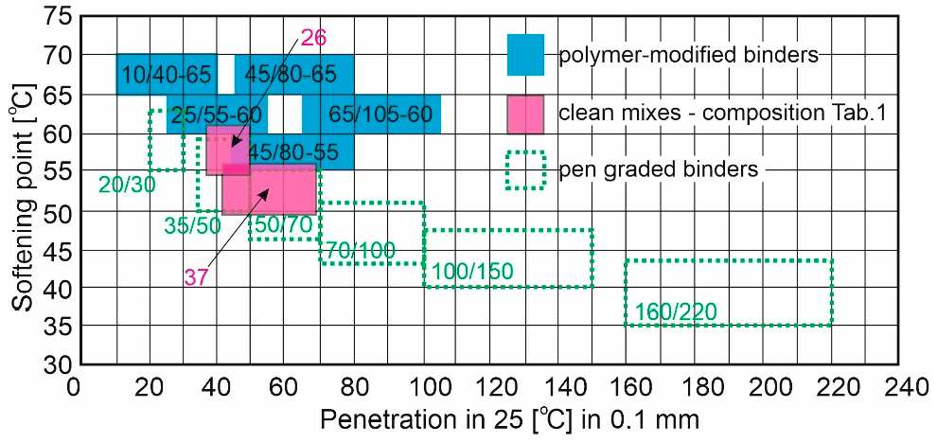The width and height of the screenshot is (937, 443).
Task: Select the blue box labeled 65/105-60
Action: pyautogui.click(x=380, y=115)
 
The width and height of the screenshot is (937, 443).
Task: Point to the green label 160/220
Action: pyautogui.click(x=676, y=311)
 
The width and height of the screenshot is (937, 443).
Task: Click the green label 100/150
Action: pyautogui.click(x=472, y=273)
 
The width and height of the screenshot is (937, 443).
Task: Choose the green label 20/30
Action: pyautogui.click(x=127, y=185)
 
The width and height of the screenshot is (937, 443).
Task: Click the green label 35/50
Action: pyautogui.click(x=192, y=226)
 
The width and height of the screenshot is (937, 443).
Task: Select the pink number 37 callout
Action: pyautogui.click(x=196, y=276)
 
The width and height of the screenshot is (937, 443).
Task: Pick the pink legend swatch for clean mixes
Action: pyautogui.click(x=525, y=114)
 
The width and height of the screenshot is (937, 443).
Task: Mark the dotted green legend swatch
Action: pyautogui.click(x=525, y=170)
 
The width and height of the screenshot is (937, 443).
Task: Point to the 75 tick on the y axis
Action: pyautogui.click(x=56, y=17)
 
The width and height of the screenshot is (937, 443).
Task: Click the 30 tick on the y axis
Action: pyautogui.click(x=56, y=364)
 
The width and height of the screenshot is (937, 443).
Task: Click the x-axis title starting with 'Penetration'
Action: pyautogui.click(x=509, y=417)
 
